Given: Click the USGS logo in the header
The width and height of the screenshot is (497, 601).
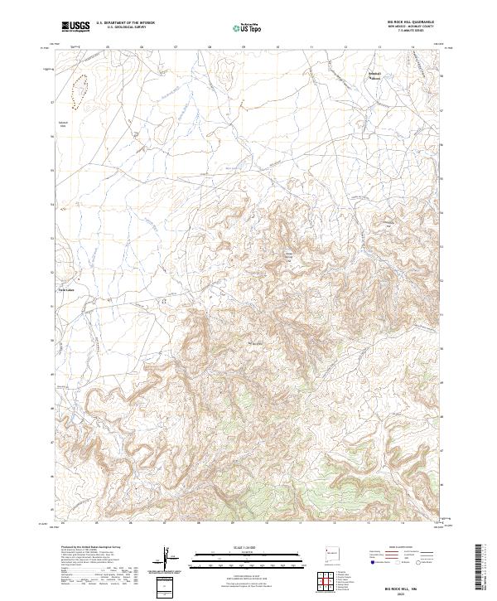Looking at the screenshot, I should (75, 27).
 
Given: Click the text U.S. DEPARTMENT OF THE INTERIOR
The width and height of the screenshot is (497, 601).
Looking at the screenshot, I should (125, 23).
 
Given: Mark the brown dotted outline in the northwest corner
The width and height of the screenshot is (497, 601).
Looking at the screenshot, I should (80, 90).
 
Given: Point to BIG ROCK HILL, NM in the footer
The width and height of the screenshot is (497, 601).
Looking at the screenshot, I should (401, 584).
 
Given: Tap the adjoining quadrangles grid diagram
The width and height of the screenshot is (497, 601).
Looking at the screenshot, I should (326, 579).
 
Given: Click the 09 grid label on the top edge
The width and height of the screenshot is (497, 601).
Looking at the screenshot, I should (244, 47).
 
